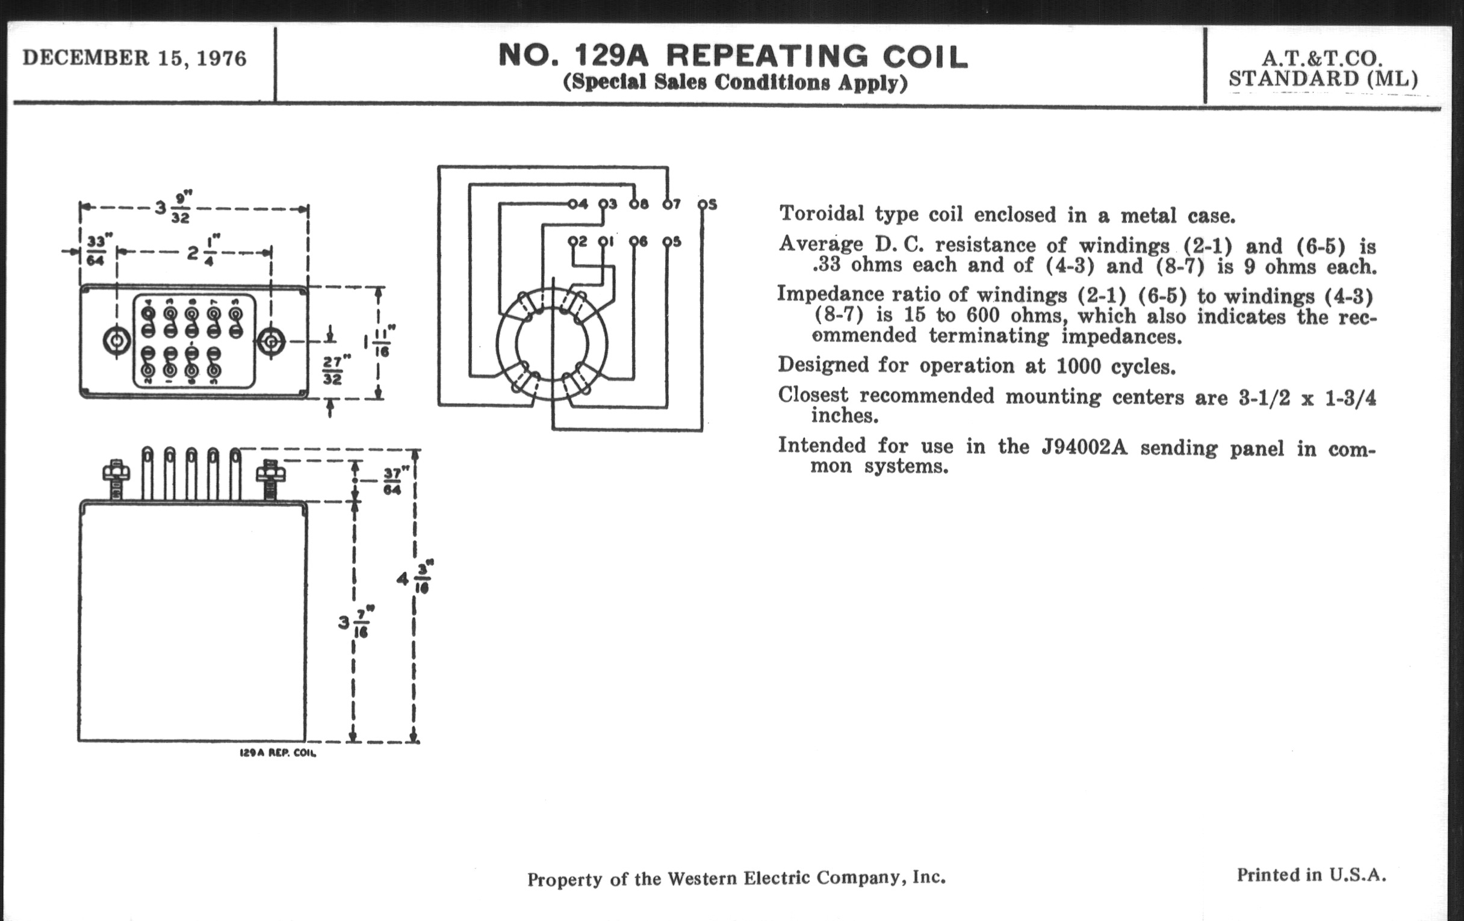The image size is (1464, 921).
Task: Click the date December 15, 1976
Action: point(134,58)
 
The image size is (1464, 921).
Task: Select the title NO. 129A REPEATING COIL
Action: point(733,56)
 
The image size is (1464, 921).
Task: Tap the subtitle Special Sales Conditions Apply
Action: point(735,82)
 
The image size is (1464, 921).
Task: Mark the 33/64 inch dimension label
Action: point(96,251)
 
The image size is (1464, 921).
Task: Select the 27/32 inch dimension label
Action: point(333,370)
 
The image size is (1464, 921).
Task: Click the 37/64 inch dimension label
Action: point(392,481)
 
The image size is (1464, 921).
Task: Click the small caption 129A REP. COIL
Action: point(278,752)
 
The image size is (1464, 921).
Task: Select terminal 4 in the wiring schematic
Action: point(577,204)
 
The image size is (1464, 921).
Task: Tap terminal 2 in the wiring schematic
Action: point(577,241)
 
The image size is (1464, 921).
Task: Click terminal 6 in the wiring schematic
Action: point(638,241)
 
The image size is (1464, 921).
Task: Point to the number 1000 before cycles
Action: point(1078,366)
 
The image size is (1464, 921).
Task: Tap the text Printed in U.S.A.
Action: point(1311,875)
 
